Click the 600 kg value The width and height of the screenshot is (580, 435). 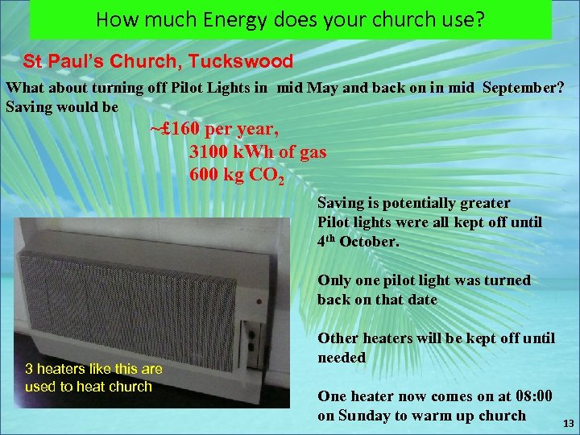click(218, 174)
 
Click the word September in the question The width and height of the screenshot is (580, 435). click(524, 88)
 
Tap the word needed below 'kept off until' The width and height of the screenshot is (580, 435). click(342, 357)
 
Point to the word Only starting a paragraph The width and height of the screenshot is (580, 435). click(333, 280)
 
